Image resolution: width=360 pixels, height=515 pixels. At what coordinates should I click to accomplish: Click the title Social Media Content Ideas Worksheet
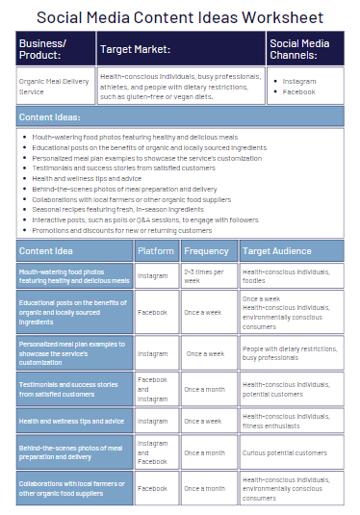pos(180,17)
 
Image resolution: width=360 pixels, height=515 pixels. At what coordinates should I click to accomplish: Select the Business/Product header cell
pos(55,48)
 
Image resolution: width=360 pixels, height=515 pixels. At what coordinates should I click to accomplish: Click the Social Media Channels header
pos(304,49)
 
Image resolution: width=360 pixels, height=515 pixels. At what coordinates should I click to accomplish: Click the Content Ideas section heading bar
pos(180,117)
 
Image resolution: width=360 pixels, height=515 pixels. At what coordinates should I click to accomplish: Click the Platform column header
pos(156,251)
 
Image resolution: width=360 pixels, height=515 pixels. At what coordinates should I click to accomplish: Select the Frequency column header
pos(208,251)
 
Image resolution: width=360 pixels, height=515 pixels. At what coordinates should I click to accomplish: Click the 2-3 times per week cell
pos(208,276)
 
